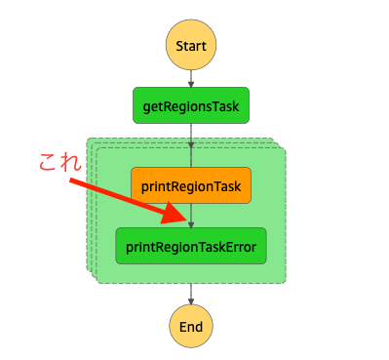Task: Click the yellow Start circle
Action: pos(191,46)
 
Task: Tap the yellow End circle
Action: pos(191,326)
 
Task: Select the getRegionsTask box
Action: pos(191,105)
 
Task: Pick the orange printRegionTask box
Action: pos(191,185)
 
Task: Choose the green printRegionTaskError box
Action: pos(191,247)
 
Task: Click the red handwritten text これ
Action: pos(58,163)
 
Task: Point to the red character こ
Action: pos(48,163)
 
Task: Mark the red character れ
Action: pos(70,163)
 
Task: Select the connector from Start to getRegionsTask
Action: pos(191,78)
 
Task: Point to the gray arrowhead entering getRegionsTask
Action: pos(191,85)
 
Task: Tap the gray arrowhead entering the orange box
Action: pos(191,164)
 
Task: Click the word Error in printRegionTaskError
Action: pos(239,247)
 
